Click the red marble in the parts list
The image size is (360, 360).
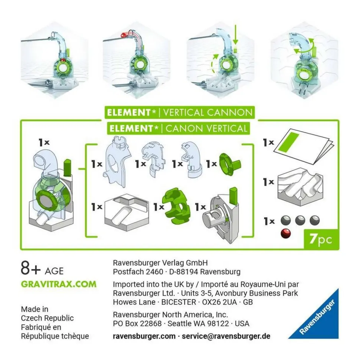[286, 234]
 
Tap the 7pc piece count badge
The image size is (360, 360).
[321, 239]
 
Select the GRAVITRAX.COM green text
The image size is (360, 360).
[59, 284]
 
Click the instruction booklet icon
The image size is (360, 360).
[304, 146]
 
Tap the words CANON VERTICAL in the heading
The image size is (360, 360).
[206, 128]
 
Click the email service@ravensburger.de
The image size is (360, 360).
[226, 336]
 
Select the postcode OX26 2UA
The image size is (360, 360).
[219, 302]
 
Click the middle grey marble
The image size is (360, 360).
[300, 220]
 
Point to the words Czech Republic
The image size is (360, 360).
[47, 318]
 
